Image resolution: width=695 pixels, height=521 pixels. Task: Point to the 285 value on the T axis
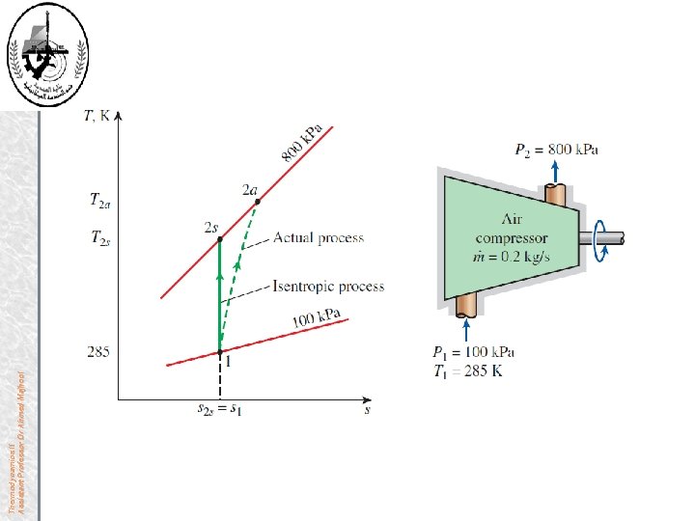(x=97, y=352)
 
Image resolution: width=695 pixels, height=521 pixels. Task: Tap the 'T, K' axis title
(x=97, y=116)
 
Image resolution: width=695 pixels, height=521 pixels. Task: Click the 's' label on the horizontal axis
(x=368, y=410)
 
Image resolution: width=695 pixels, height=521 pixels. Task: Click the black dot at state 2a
(x=257, y=202)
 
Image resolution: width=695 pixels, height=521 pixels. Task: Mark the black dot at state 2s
(x=219, y=237)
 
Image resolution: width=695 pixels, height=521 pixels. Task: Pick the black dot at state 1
(x=219, y=353)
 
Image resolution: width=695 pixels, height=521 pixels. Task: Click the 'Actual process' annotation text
(x=319, y=237)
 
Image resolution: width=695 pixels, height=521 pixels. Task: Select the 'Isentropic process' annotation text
(x=328, y=287)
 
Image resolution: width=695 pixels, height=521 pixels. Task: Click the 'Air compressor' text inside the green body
(x=512, y=229)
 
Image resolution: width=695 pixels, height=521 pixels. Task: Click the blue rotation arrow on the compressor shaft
(x=602, y=236)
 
